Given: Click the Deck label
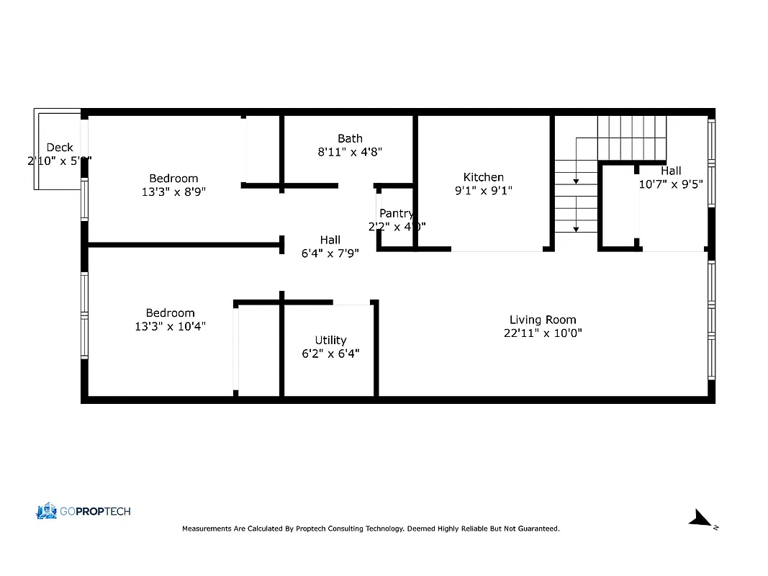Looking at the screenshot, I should [60, 148].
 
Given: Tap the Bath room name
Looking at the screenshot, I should [350, 138].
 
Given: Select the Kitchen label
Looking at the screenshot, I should [483, 177].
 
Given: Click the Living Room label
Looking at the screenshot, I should [543, 320].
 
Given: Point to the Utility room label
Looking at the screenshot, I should [330, 340].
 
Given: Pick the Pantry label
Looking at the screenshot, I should [396, 213].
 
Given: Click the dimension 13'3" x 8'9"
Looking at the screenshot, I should [173, 192].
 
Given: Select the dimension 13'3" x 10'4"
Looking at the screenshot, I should [171, 326].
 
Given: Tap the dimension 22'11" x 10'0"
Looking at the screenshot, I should [543, 333].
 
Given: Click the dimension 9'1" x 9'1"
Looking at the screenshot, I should [483, 191].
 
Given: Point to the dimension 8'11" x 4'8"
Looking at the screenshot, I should [350, 152].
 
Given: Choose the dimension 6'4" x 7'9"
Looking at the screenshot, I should [330, 253].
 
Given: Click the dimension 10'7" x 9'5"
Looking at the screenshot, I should [671, 184].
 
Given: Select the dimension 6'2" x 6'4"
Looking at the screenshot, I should [330, 354].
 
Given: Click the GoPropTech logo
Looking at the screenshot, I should [83, 511].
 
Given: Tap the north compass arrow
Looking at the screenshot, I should [699, 518].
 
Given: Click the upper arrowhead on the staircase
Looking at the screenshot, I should [576, 182].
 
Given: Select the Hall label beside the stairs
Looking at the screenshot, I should [671, 171].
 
